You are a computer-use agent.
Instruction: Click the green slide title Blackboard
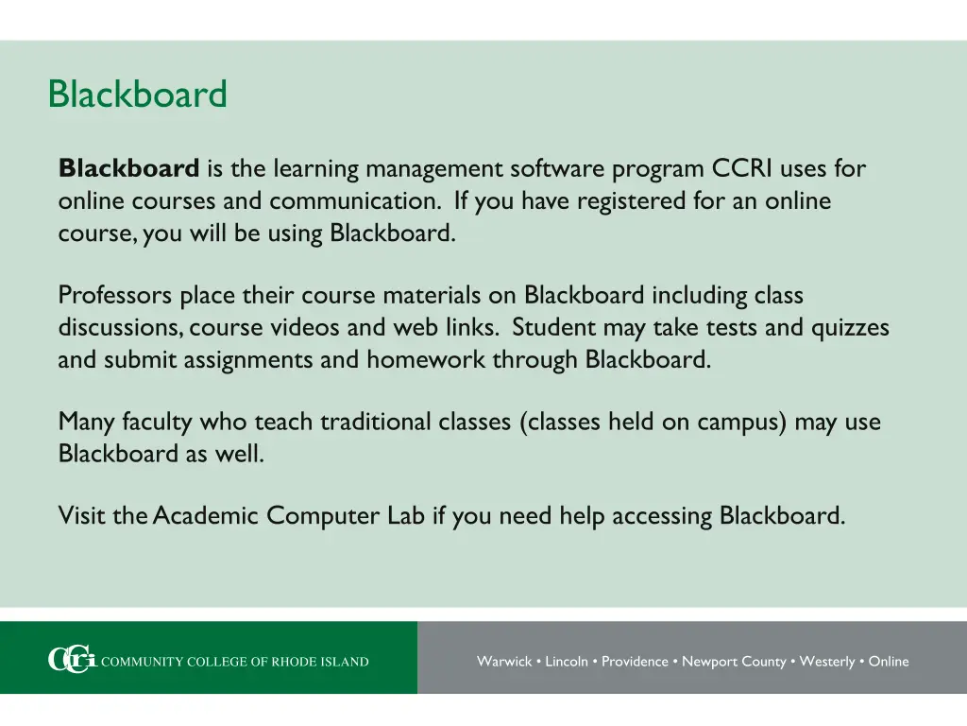point(138,95)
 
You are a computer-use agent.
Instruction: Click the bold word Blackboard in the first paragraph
point(128,169)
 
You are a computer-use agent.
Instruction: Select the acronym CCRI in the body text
point(743,169)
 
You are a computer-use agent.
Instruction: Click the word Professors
point(115,296)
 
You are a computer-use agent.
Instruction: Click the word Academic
point(206,516)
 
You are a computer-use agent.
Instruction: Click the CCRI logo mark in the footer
point(72,661)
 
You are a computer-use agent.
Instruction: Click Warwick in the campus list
point(504,662)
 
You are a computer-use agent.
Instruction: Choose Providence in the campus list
point(635,662)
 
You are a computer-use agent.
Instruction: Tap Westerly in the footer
point(826,662)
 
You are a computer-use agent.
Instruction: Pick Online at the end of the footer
point(889,662)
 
